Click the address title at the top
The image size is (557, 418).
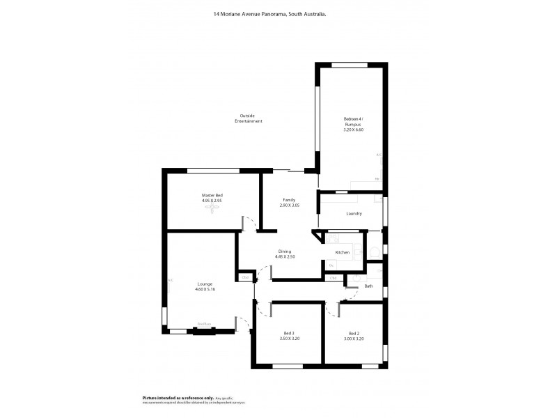[278, 12]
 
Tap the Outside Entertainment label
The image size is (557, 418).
[248, 118]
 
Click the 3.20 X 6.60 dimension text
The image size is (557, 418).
[353, 130]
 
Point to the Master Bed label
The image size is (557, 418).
[212, 196]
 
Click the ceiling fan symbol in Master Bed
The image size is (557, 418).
[212, 208]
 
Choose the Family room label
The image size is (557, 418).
[289, 200]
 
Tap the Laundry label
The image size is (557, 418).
[353, 213]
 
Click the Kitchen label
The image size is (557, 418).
[342, 252]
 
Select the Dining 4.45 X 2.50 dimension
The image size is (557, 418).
[285, 256]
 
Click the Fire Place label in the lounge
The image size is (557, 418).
[204, 324]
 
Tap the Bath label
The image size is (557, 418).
[368, 286]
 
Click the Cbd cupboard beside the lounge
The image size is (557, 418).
[244, 277]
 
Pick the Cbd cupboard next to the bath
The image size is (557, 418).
[334, 278]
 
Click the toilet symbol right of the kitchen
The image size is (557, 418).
[373, 251]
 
